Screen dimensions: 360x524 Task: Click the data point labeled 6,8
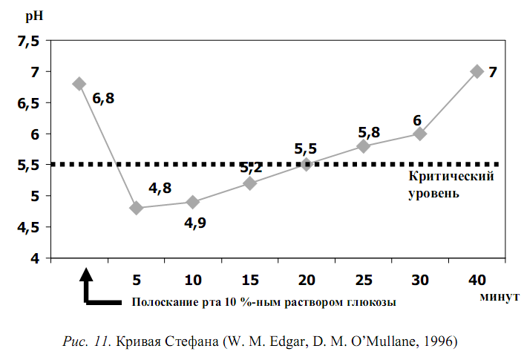click(x=79, y=84)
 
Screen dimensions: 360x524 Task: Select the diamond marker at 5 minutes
click(x=136, y=208)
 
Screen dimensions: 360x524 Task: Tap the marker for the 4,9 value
click(x=193, y=202)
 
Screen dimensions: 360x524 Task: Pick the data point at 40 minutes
click(x=476, y=72)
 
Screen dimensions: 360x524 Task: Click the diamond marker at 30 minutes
click(x=420, y=134)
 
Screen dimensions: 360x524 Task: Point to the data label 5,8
click(x=369, y=132)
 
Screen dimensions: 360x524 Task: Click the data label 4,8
click(x=160, y=188)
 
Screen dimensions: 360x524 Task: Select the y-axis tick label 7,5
click(x=28, y=42)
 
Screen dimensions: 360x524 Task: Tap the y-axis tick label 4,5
click(x=28, y=228)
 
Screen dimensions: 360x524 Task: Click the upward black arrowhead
click(x=87, y=272)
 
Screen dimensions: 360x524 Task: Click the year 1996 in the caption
click(x=442, y=342)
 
